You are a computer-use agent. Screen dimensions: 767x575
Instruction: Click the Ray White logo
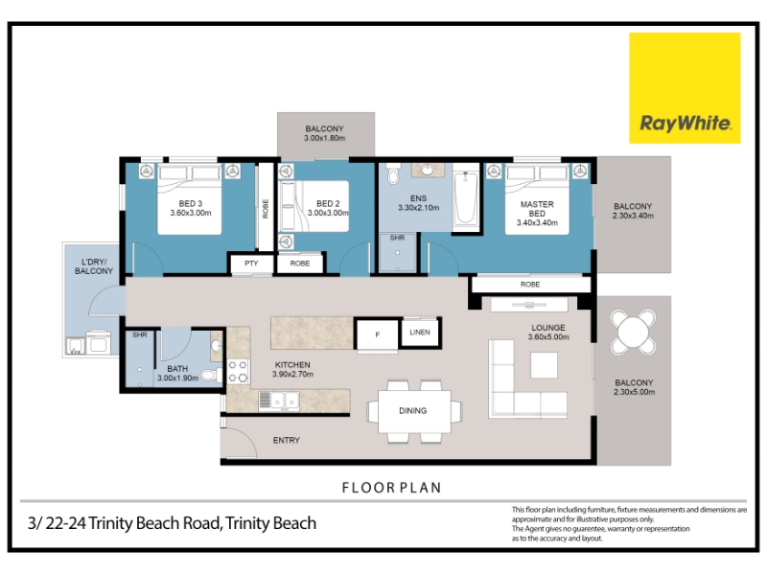[x=685, y=88]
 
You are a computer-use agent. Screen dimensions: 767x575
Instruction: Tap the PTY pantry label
[x=251, y=263]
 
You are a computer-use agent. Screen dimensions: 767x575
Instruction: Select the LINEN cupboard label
[x=420, y=333]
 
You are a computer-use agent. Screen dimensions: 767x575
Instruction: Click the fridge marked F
[x=377, y=334]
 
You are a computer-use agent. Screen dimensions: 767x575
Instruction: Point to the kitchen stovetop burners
[x=238, y=371]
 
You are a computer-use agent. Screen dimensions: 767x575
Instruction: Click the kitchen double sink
[x=279, y=401]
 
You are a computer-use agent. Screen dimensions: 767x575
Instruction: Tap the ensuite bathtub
[x=466, y=197]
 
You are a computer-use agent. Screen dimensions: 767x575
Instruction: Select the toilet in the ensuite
[x=393, y=173]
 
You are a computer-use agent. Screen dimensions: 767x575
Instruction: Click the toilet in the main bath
[x=211, y=375]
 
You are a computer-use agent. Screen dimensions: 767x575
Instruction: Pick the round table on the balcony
[x=633, y=332]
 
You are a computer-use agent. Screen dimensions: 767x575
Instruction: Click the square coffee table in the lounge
[x=544, y=365]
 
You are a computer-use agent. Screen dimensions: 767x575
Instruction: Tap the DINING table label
[x=413, y=411]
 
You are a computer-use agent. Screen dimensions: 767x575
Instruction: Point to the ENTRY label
[x=286, y=441]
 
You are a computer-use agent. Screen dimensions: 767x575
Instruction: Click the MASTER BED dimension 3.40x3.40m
[x=537, y=223]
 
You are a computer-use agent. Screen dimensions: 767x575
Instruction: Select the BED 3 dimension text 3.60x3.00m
[x=191, y=213]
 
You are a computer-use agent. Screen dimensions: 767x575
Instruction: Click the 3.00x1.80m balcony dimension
[x=324, y=138]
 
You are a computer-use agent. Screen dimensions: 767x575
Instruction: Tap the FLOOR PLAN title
[x=391, y=488]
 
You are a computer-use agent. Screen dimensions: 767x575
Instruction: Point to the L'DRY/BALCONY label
[x=94, y=266]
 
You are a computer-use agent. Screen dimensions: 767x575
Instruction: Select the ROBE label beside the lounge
[x=530, y=285]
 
